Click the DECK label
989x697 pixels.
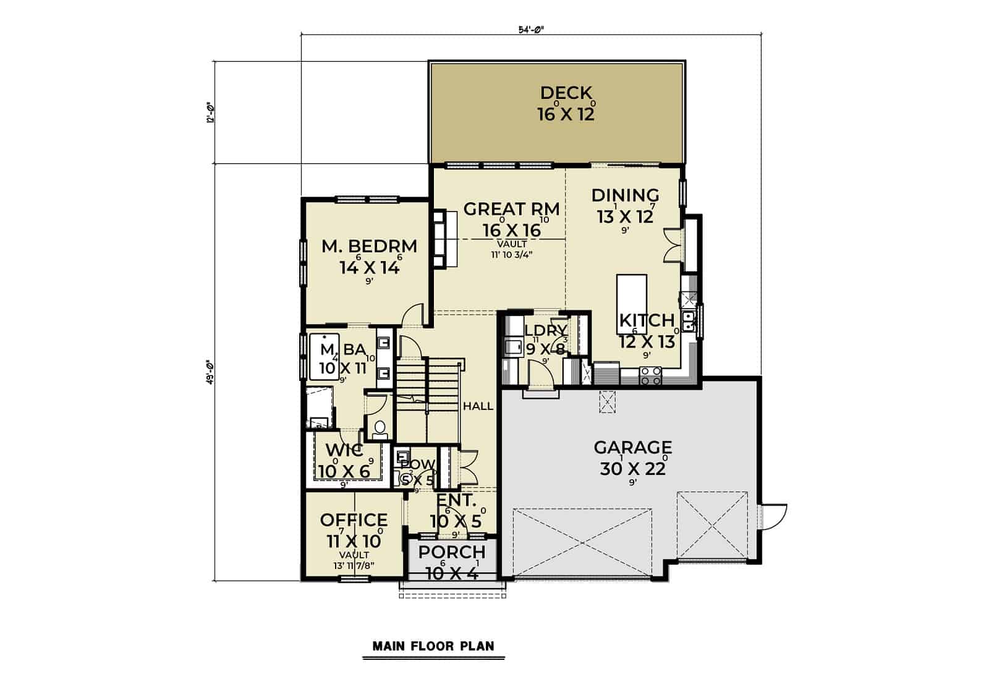point(566,93)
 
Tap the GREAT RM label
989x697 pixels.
point(511,209)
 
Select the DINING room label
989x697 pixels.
point(625,195)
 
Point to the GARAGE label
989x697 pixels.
point(632,447)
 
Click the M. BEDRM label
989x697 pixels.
point(370,246)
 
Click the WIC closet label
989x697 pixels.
point(344,450)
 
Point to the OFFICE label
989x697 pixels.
point(354,520)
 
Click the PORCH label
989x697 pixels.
point(452,552)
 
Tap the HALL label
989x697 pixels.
point(478,406)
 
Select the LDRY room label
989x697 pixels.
point(545,330)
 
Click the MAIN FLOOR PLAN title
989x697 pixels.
point(433,646)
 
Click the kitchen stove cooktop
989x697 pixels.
point(650,375)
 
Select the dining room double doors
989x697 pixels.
point(673,244)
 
